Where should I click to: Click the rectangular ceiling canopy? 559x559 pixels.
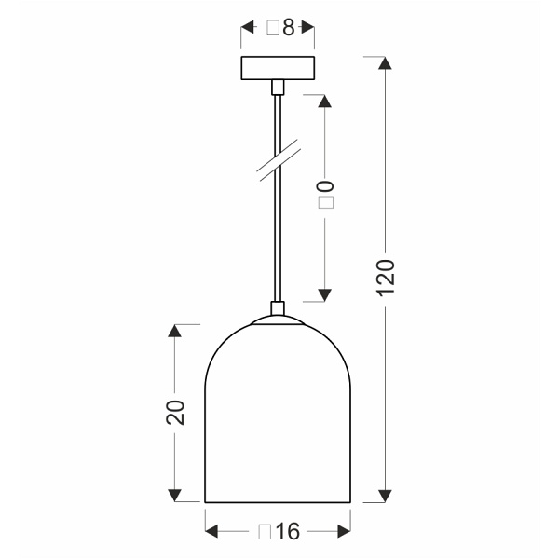[278, 68]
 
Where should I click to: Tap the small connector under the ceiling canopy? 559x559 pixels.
[277, 87]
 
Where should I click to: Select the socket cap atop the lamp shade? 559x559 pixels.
[277, 309]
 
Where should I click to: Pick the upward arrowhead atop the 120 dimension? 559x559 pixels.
[387, 64]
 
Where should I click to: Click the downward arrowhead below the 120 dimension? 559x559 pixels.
[387, 495]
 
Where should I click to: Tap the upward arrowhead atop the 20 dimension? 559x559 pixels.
[174, 331]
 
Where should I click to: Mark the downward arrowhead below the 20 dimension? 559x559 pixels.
[174, 495]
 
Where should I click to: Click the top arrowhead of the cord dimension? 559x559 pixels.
[324, 101]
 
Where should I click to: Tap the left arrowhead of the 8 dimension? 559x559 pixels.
[248, 28]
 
